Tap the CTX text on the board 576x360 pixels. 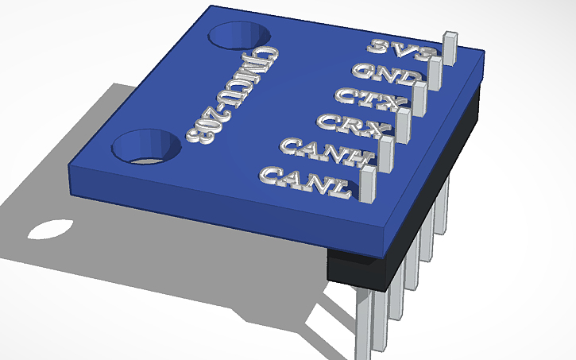coord(371,99)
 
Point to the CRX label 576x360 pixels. coord(352,123)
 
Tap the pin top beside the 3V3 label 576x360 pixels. coord(450,37)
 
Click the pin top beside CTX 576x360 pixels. coord(420,87)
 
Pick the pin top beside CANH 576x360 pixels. coord(386,141)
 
